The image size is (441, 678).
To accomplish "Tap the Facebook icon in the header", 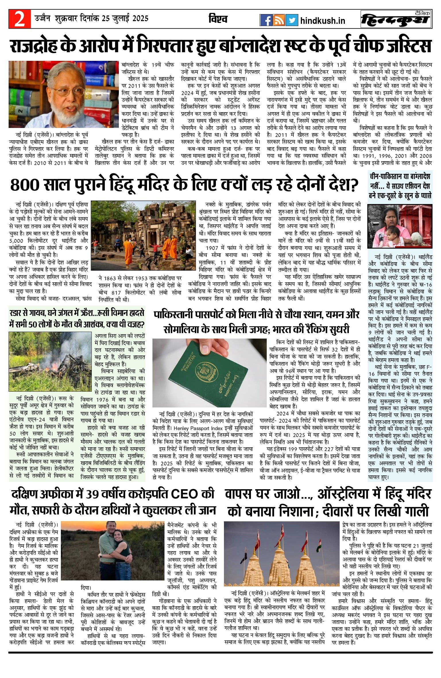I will [x=266, y=20].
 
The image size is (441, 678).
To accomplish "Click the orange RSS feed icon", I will [x=279, y=20].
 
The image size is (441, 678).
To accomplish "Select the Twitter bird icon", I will [x=291, y=20].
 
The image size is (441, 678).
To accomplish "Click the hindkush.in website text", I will [x=322, y=21].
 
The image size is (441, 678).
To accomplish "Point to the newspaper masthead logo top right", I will [x=396, y=20].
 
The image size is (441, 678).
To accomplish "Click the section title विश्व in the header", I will [x=218, y=19].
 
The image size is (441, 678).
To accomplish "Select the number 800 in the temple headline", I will [x=24, y=185].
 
